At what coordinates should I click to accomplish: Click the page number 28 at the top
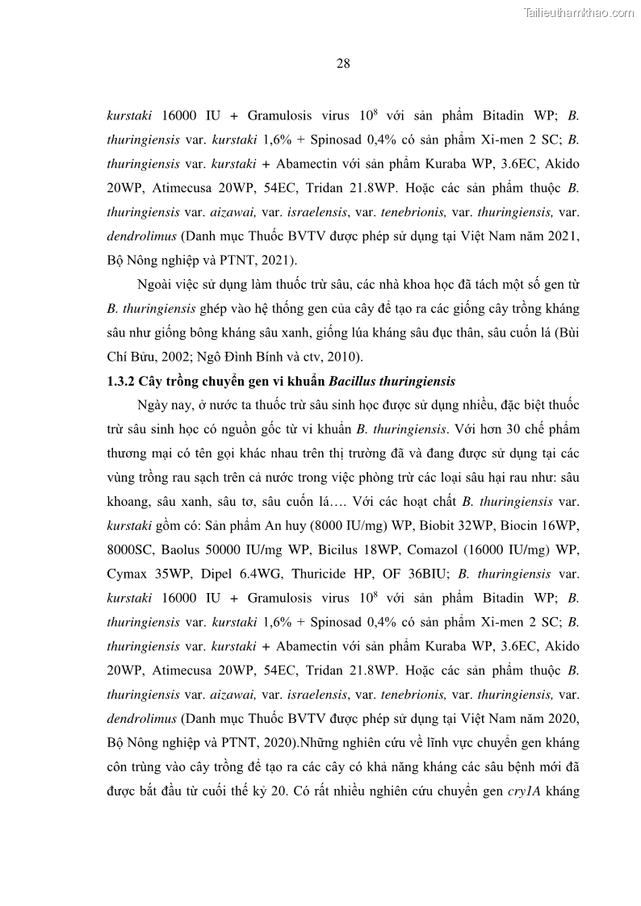click(x=342, y=65)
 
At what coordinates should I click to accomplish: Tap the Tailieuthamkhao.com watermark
click(x=579, y=12)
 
